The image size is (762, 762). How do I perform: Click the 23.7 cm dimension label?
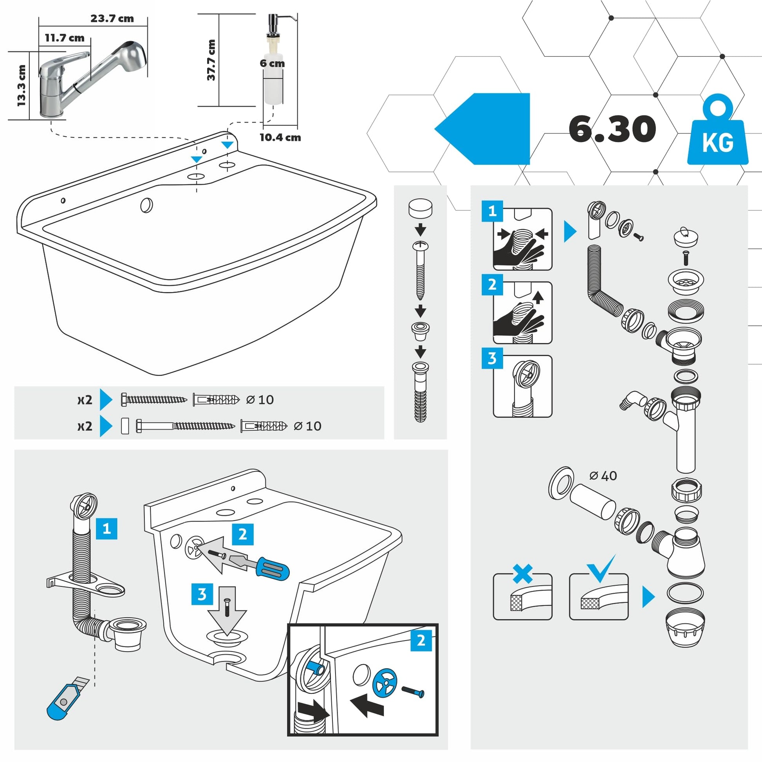(112, 18)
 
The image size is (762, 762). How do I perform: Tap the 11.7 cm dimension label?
(64, 38)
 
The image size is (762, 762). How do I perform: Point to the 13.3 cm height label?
(21, 86)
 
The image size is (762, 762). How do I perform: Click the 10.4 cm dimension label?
(280, 138)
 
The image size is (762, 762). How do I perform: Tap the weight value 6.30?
(612, 129)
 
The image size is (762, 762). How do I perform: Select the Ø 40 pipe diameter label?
(603, 476)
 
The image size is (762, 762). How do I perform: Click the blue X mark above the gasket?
(522, 574)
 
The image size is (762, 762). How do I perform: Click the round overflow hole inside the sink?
(146, 205)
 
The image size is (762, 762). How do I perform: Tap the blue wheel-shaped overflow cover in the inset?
(385, 682)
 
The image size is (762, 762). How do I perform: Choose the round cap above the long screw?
(420, 208)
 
